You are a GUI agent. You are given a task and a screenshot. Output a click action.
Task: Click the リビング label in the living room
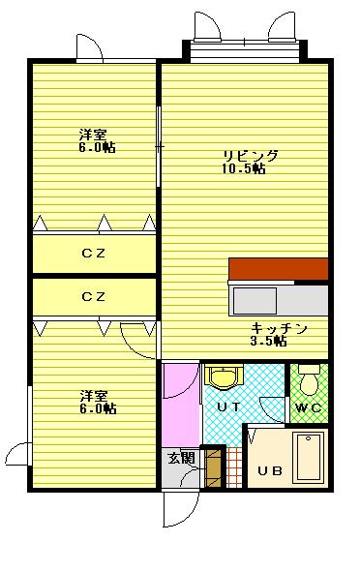point(251,156)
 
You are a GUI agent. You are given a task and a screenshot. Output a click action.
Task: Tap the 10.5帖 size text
point(243,168)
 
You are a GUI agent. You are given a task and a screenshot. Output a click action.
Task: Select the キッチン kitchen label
point(279,329)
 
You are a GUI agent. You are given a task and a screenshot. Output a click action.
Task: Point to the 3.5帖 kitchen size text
point(268,341)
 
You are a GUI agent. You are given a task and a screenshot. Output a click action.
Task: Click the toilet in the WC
point(309,379)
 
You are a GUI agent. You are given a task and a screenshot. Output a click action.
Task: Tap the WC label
point(309,407)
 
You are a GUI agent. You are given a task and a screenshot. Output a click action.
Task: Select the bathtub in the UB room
point(309,457)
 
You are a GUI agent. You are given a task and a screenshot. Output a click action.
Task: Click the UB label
point(270,470)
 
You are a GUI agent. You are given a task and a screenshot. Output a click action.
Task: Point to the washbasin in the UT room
point(224,376)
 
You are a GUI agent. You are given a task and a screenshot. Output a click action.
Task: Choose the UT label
point(228,406)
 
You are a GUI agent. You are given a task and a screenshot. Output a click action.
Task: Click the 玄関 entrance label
point(181,458)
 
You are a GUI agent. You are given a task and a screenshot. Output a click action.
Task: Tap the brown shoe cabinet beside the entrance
point(212,467)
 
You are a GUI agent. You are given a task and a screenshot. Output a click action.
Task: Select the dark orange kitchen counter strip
point(279,269)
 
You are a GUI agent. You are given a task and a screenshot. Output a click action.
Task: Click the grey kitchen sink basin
point(255,301)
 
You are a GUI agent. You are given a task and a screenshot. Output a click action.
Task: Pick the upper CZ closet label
point(94,254)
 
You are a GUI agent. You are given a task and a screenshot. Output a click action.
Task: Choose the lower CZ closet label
point(94,296)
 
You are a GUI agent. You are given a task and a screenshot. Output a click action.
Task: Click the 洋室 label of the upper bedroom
point(93,135)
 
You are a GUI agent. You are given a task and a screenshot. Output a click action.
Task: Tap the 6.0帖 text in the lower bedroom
point(98,408)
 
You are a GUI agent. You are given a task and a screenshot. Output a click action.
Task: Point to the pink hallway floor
point(181,405)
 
